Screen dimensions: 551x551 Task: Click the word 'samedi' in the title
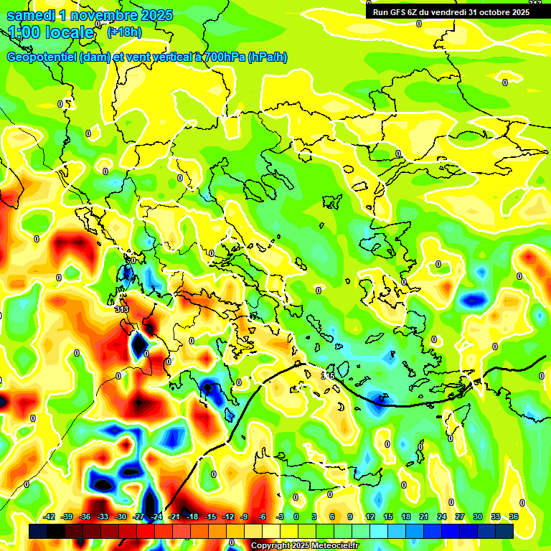[31, 15]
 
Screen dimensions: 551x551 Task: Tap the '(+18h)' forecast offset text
[124, 32]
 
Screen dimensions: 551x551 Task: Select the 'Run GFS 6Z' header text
[399, 12]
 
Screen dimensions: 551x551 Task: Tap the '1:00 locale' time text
[51, 32]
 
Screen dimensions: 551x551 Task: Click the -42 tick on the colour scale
[50, 517]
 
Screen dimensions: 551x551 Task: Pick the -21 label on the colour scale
[174, 517]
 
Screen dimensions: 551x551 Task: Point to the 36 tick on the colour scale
[513, 517]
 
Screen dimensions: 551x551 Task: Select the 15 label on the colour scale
[388, 517]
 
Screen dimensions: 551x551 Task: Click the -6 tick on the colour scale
[263, 517]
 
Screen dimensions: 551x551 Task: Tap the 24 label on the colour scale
[442, 517]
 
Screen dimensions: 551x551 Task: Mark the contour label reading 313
[121, 310]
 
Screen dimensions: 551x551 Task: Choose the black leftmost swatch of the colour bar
[38, 531]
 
